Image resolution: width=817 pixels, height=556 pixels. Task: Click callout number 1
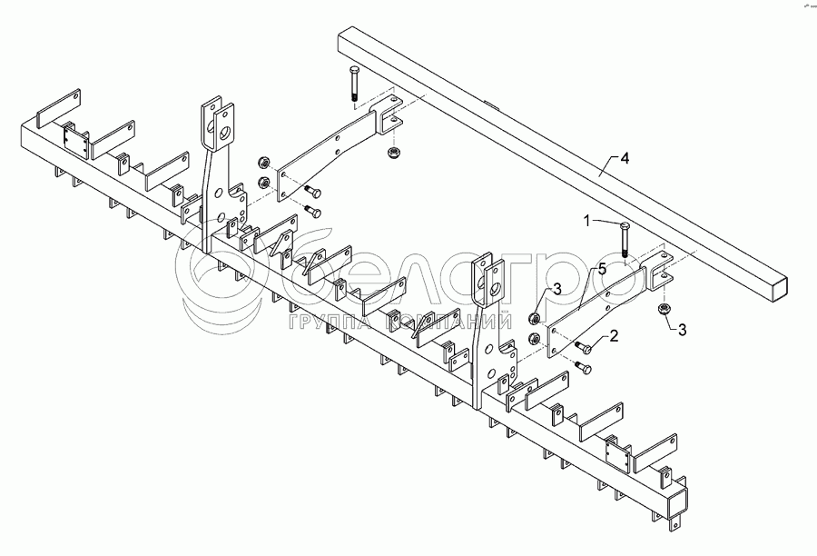click(x=586, y=220)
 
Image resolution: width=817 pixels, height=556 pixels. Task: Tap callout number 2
click(x=614, y=336)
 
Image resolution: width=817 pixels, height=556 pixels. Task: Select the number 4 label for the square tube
click(x=624, y=158)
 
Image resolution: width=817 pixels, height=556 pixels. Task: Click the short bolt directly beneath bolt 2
click(x=581, y=367)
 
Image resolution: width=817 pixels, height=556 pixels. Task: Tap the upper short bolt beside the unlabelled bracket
click(x=313, y=191)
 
